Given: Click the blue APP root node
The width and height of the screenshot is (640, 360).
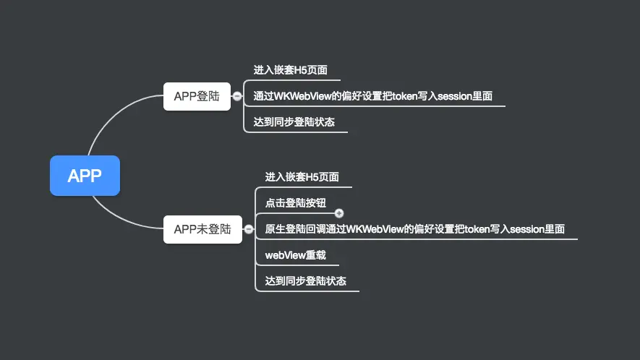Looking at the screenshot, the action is tap(85, 176).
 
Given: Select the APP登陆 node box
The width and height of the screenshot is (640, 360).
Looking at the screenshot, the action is tap(197, 95).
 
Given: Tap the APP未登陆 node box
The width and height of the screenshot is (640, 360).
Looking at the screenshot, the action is tap(202, 229).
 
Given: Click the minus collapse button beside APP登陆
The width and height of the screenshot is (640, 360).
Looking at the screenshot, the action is tap(237, 96).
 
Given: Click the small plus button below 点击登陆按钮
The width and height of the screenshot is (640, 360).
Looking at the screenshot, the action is tap(339, 213).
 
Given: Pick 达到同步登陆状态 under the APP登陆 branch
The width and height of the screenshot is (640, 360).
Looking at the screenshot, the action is tap(294, 122).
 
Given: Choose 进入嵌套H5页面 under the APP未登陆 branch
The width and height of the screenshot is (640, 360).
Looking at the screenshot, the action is tap(302, 177).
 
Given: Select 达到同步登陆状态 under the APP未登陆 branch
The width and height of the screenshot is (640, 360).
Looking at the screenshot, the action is tap(306, 280).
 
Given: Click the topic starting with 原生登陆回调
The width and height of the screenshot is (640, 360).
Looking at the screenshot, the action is tap(415, 229).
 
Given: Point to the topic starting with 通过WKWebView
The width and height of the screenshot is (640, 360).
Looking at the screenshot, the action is tap(373, 95).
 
